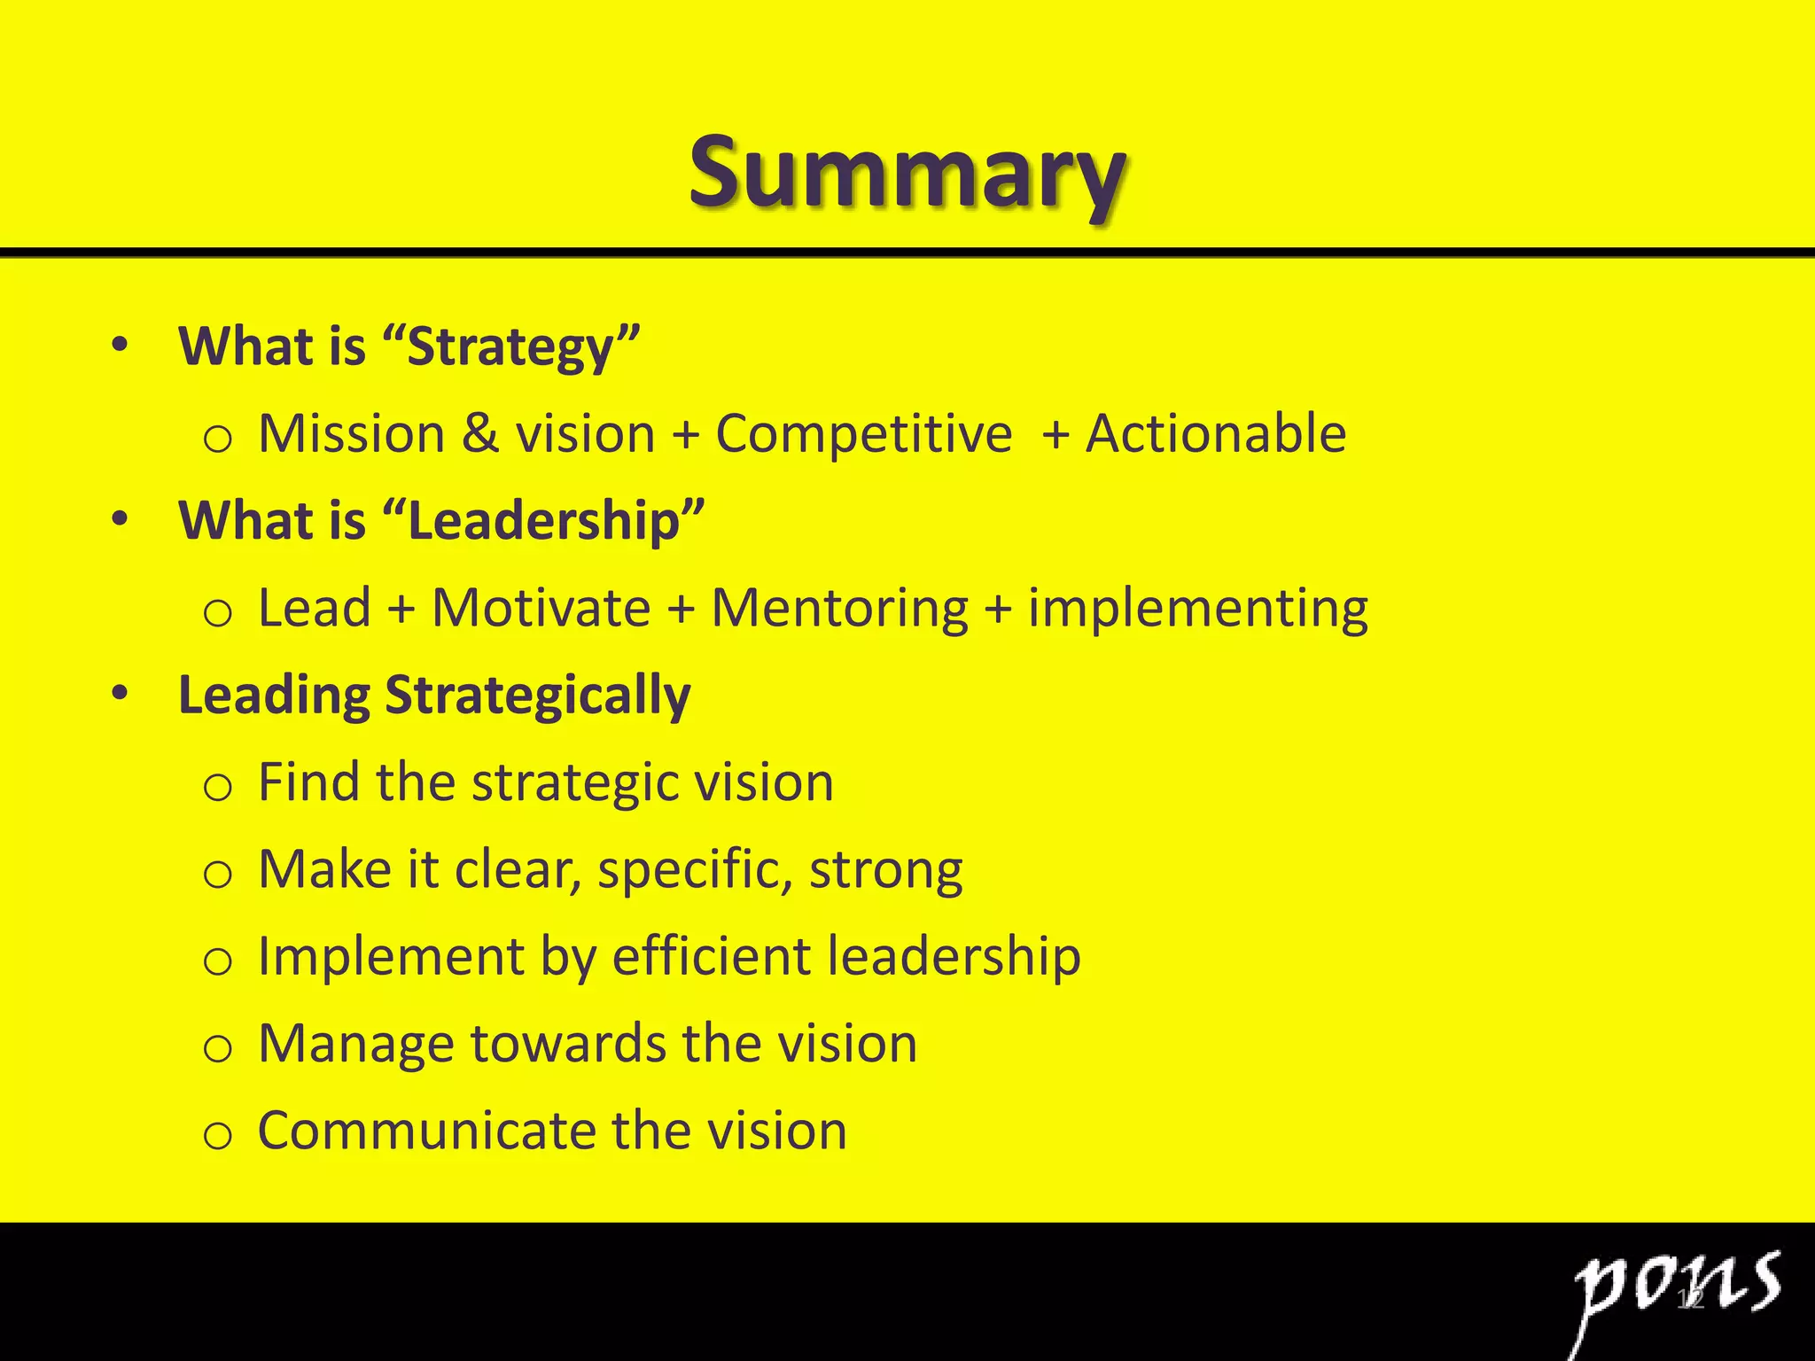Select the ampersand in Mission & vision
point(479,434)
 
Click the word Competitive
point(863,434)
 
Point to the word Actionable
point(1216,434)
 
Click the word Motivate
point(541,609)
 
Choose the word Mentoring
point(839,609)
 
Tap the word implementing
point(1197,609)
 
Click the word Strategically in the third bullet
point(537,696)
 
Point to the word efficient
point(711,957)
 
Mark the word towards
point(567,1044)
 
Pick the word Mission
point(351,434)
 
